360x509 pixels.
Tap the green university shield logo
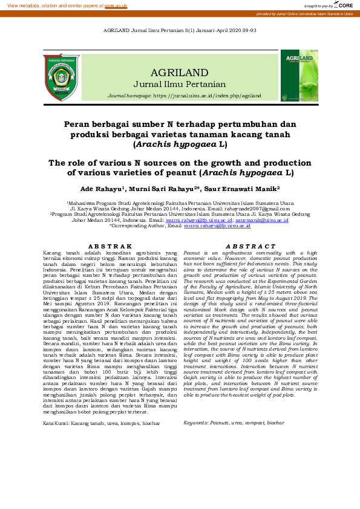click(x=62, y=77)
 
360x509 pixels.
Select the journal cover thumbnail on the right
click(x=299, y=76)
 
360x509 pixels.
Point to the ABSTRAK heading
click(x=110, y=246)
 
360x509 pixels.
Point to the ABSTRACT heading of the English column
click(x=250, y=246)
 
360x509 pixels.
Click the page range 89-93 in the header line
click(x=249, y=30)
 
